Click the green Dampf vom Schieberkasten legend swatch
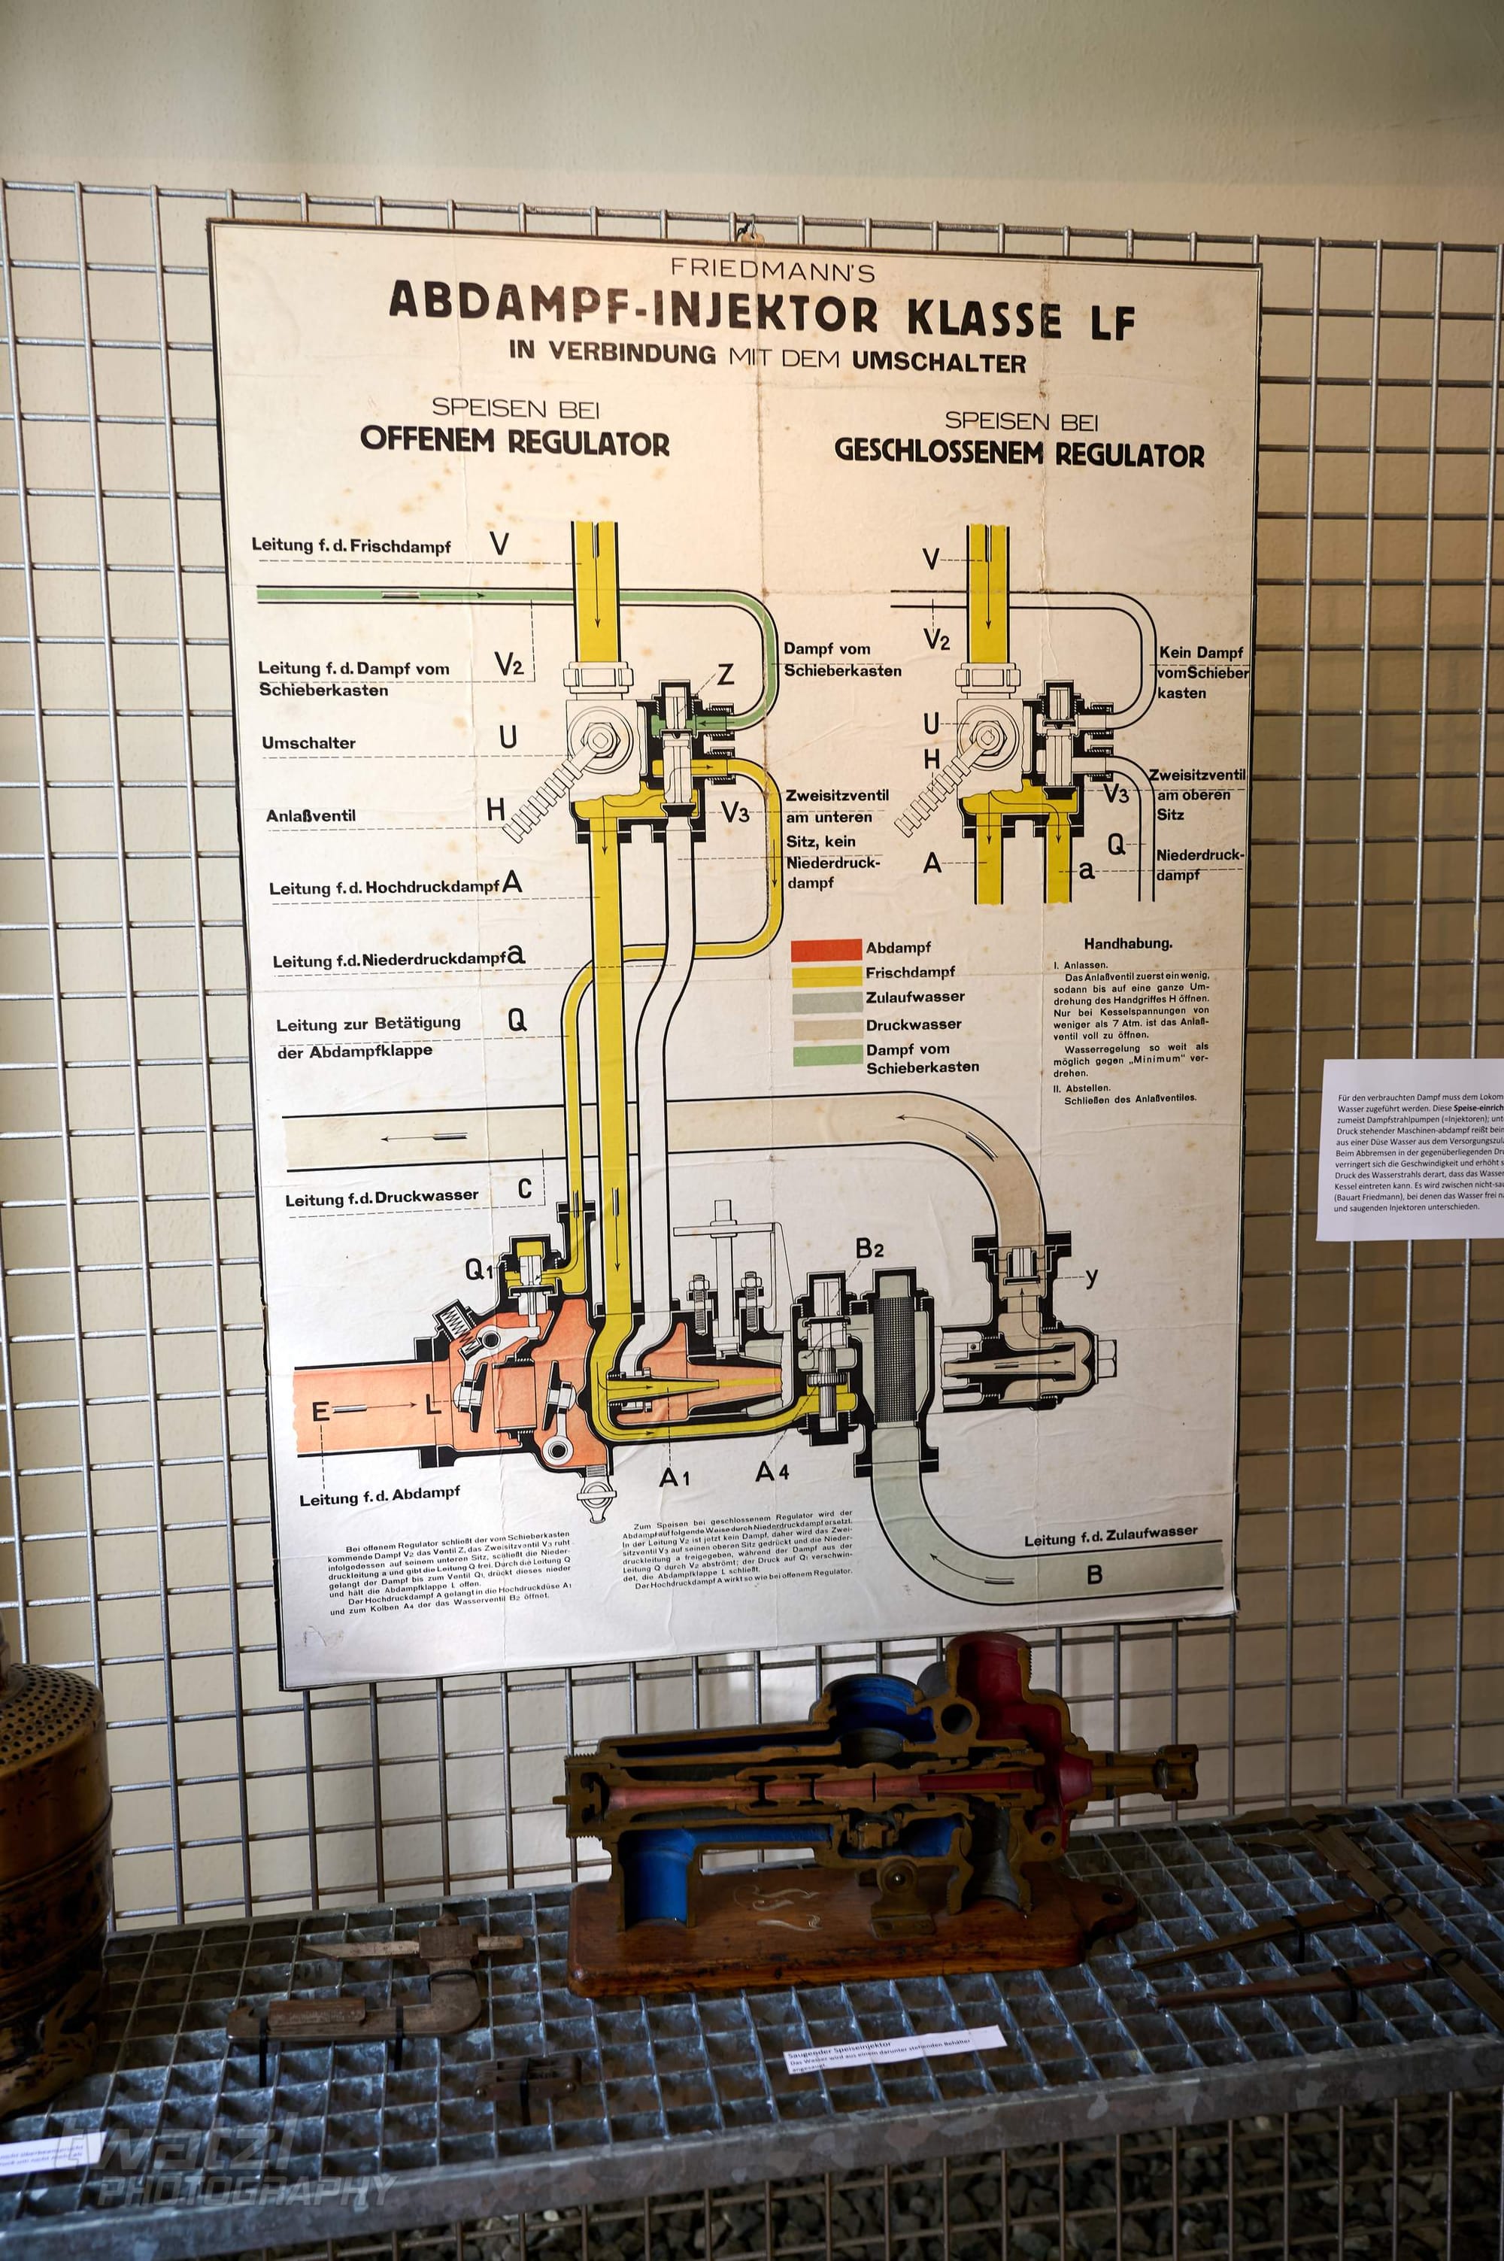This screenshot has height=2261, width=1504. pos(826,1055)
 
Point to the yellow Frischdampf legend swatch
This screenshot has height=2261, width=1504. pos(826,975)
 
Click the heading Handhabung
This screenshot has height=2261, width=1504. pos(1127,943)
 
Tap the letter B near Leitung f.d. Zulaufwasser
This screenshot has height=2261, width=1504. pos(1093,1574)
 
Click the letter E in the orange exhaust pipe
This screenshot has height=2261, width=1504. pos(320,1411)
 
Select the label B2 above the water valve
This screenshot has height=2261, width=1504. pos(869,1248)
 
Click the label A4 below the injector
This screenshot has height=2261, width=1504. pos(772,1470)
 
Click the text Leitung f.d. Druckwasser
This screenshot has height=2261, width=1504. pos(381,1199)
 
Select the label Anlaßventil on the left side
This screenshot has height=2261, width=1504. pos(311,816)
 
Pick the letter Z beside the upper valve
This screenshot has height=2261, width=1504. pos(726,675)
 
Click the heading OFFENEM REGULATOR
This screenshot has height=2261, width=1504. pos(515,442)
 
